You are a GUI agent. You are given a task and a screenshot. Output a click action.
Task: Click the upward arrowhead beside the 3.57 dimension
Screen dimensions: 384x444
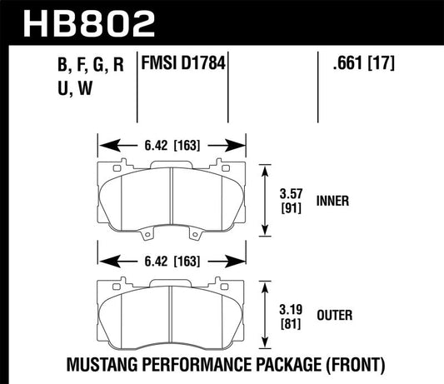pyautogui.click(x=267, y=168)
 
